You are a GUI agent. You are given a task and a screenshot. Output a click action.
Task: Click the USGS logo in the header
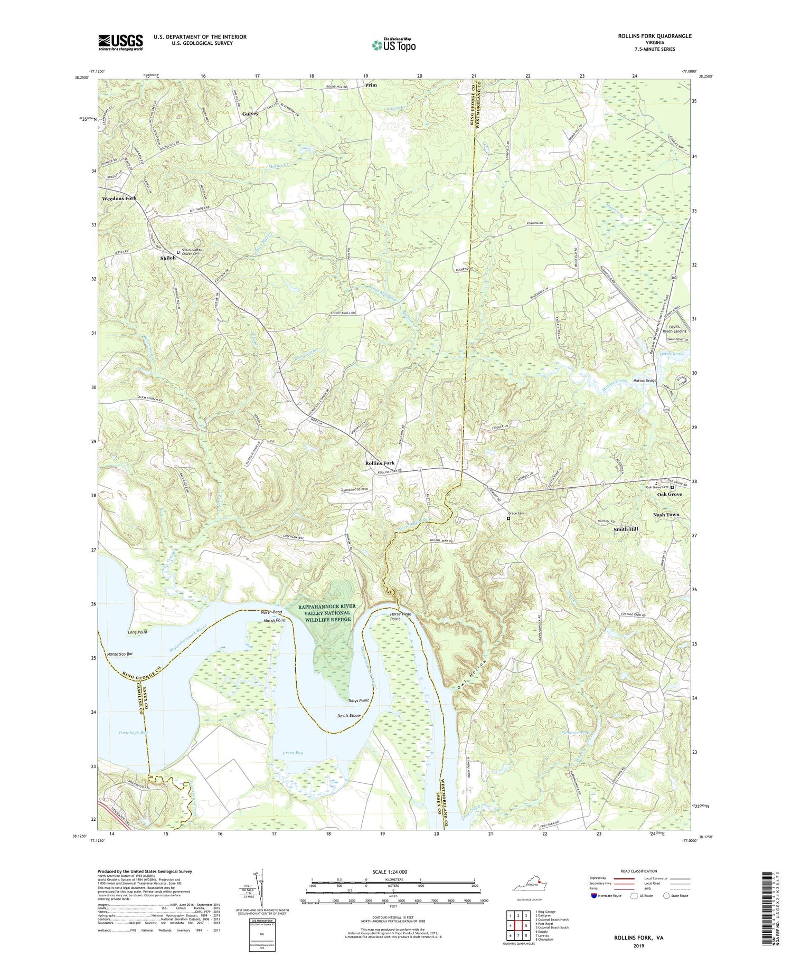tap(120, 42)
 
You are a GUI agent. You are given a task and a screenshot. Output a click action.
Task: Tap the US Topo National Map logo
tap(393, 45)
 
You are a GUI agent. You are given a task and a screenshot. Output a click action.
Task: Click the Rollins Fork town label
tap(380, 463)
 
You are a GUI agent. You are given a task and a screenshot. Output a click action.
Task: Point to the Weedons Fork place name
tap(119, 198)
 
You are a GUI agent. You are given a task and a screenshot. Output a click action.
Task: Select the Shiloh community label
tap(167, 258)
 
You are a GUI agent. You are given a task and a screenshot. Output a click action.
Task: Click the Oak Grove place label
tap(669, 494)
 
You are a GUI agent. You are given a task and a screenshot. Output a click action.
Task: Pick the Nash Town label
tap(666, 514)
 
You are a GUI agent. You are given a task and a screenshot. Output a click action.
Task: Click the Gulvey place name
tap(250, 113)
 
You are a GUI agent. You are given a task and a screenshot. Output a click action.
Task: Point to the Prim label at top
tap(371, 84)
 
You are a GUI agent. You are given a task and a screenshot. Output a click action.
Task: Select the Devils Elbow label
tap(349, 716)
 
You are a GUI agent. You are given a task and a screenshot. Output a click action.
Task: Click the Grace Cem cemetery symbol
tap(508, 518)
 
